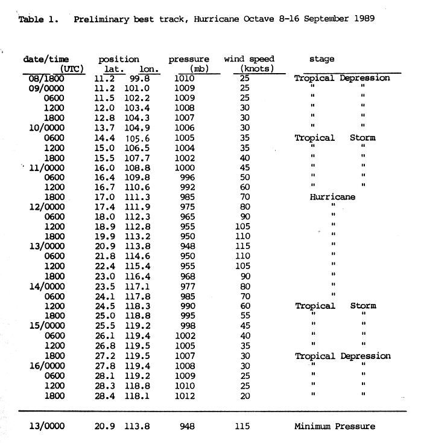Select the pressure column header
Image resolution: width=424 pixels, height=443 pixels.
point(189,59)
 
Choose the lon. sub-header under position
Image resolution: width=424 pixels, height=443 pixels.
point(147,69)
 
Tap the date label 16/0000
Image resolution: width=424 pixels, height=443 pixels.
point(43,366)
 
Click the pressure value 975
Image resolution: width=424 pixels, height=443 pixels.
point(189,207)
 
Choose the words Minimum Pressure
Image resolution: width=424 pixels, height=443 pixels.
point(334,426)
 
